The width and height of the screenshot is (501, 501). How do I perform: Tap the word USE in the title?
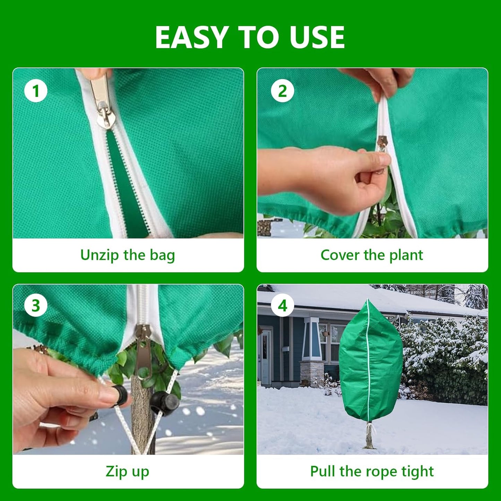[x=317, y=37]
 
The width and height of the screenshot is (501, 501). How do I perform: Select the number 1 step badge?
[x=36, y=91]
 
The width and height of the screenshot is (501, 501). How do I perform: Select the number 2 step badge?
[x=283, y=91]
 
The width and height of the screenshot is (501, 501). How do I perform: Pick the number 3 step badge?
[x=36, y=305]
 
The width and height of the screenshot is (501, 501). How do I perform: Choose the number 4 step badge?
[x=283, y=305]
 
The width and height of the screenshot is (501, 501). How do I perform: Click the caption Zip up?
[x=127, y=472]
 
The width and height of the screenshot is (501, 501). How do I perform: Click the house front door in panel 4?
[x=266, y=357]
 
